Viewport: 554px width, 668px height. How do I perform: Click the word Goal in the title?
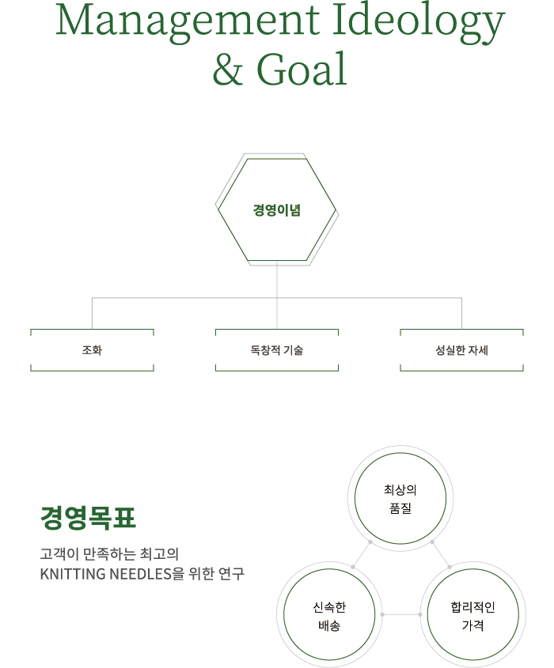(302, 70)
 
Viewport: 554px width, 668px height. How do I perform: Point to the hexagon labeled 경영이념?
(276, 211)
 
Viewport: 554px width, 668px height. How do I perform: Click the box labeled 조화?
(92, 349)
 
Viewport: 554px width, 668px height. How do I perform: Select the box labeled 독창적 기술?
(276, 349)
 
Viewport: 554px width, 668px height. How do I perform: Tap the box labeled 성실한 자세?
(461, 349)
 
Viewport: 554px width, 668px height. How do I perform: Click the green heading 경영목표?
(88, 519)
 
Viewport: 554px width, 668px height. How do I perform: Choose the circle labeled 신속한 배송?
(329, 616)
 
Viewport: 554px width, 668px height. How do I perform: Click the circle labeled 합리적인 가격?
(472, 616)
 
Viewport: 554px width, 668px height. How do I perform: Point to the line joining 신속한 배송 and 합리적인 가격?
(401, 614)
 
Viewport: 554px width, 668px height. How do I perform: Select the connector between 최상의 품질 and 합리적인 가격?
(441, 554)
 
